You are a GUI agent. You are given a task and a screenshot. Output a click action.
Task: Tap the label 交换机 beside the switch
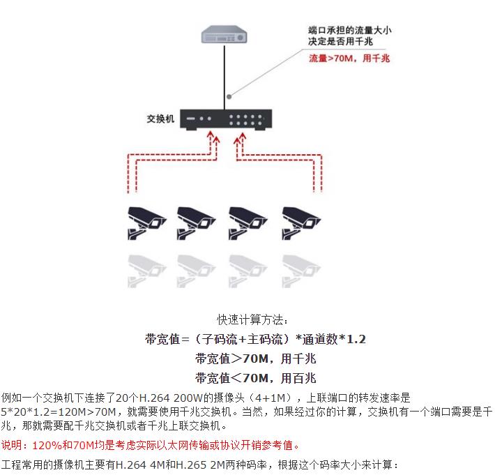point(160,118)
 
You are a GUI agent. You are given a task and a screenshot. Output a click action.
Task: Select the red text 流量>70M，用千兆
point(349,59)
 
